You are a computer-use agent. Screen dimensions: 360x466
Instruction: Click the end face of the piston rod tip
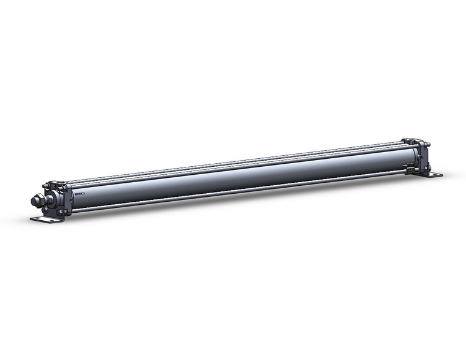coord(33,200)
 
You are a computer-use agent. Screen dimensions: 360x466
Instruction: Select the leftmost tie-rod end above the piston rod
coord(44,185)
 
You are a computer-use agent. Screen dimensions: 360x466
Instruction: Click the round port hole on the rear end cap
coord(419,157)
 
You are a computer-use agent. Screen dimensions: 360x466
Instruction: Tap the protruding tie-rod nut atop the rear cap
coord(427,145)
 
